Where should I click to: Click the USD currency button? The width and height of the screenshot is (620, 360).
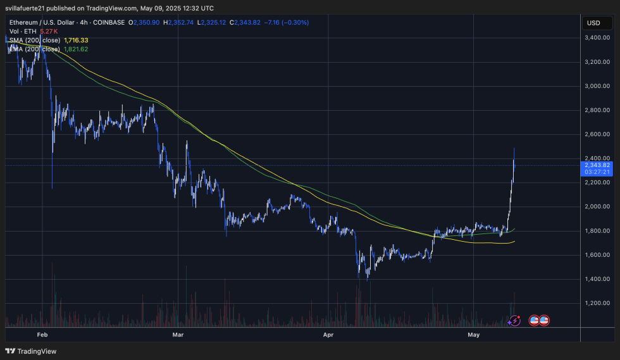(x=593, y=23)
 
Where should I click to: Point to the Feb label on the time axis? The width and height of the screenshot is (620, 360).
(x=42, y=333)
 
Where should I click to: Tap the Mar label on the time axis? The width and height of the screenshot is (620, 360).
(x=178, y=333)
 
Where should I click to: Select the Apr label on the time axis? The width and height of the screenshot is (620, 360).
(x=328, y=333)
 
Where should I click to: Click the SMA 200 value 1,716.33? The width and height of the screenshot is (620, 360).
(x=77, y=40)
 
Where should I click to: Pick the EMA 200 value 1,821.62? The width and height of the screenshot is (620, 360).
(x=77, y=49)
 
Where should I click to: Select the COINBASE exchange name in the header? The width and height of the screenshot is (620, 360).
(x=110, y=22)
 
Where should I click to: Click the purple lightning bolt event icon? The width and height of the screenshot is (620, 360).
(x=515, y=321)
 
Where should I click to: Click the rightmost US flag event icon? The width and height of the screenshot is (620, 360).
(x=543, y=321)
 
